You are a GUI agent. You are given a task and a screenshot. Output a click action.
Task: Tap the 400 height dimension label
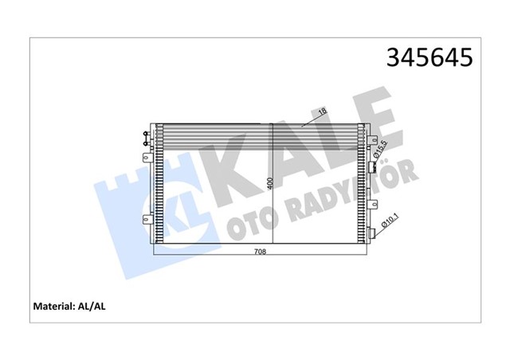tap(271, 184)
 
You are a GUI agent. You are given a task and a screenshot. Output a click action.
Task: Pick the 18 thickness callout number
tap(321, 115)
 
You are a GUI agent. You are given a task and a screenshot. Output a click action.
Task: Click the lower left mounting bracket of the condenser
tap(146, 219)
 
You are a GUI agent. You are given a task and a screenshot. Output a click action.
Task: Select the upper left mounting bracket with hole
tap(146, 157)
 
